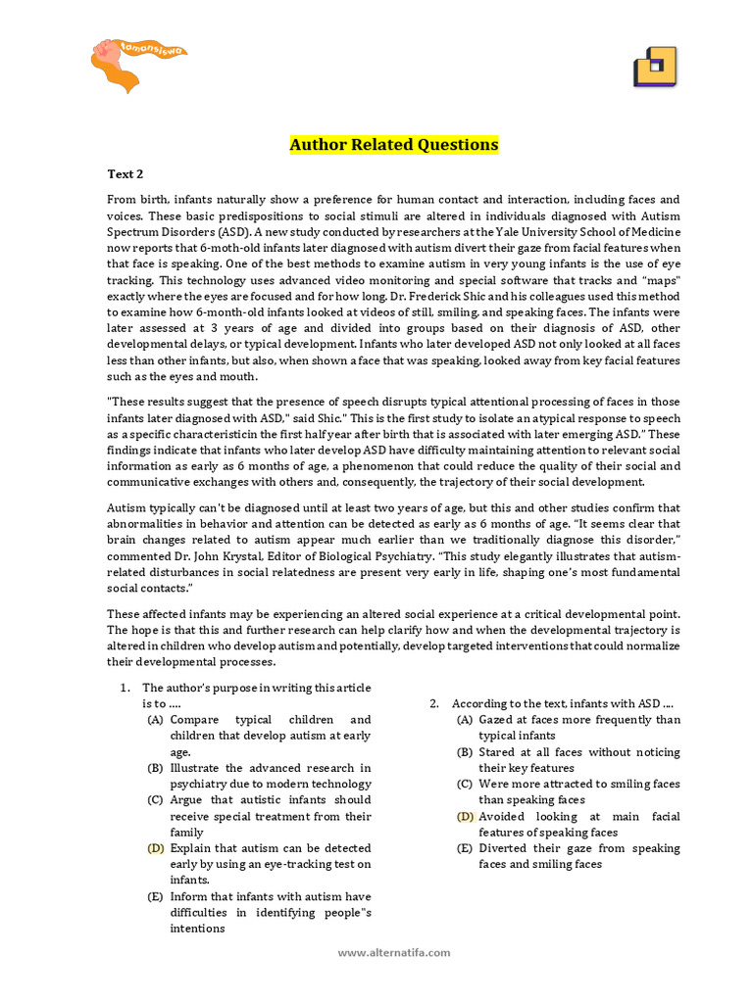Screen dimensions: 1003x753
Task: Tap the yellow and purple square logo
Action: pos(655,68)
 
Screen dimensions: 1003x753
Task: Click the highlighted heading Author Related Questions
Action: pos(393,145)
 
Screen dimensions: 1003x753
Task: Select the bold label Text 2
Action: pos(125,174)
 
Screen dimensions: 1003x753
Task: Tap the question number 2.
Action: pos(433,703)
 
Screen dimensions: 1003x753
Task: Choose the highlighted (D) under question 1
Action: pos(156,848)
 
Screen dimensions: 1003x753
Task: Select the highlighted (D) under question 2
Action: pos(465,816)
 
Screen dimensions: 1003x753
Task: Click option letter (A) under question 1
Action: pos(156,720)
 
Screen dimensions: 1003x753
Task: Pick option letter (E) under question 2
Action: pos(465,848)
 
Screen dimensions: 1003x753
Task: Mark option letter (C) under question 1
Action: pos(156,800)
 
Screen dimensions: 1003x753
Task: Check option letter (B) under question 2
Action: pos(465,752)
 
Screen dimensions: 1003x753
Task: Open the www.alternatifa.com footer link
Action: pos(394,952)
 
